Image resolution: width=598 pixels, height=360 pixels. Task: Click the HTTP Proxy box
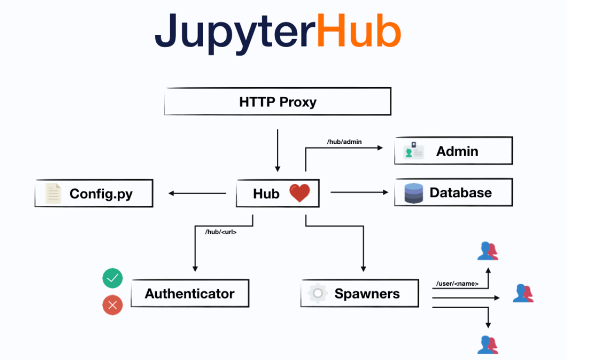point(278,101)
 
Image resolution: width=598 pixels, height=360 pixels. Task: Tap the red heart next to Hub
point(300,193)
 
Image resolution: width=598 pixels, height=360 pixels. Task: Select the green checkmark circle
point(112,278)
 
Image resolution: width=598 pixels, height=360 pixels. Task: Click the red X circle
point(112,305)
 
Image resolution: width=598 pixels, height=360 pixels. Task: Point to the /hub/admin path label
point(344,142)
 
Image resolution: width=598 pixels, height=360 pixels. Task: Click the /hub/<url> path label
point(221,232)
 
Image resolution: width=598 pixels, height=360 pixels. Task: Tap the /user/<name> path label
point(457,284)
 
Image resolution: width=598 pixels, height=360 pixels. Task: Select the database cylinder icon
point(414,193)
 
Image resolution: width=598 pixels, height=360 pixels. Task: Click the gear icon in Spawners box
point(317,293)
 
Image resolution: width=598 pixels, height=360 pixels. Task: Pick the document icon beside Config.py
point(53,193)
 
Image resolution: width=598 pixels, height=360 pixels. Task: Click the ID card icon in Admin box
point(414,151)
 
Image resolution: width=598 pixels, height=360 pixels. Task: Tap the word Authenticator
point(190,294)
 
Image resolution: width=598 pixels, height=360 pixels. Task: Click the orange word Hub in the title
point(359,30)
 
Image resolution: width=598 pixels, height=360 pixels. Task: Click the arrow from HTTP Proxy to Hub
point(278,150)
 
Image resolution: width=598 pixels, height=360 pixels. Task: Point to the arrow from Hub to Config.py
point(197,193)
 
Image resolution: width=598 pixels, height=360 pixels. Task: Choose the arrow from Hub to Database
point(359,193)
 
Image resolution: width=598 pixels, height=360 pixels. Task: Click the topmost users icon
point(488,251)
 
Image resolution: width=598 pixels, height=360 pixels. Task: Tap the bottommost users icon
point(488,344)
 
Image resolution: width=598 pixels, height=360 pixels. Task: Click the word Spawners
point(367,294)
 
